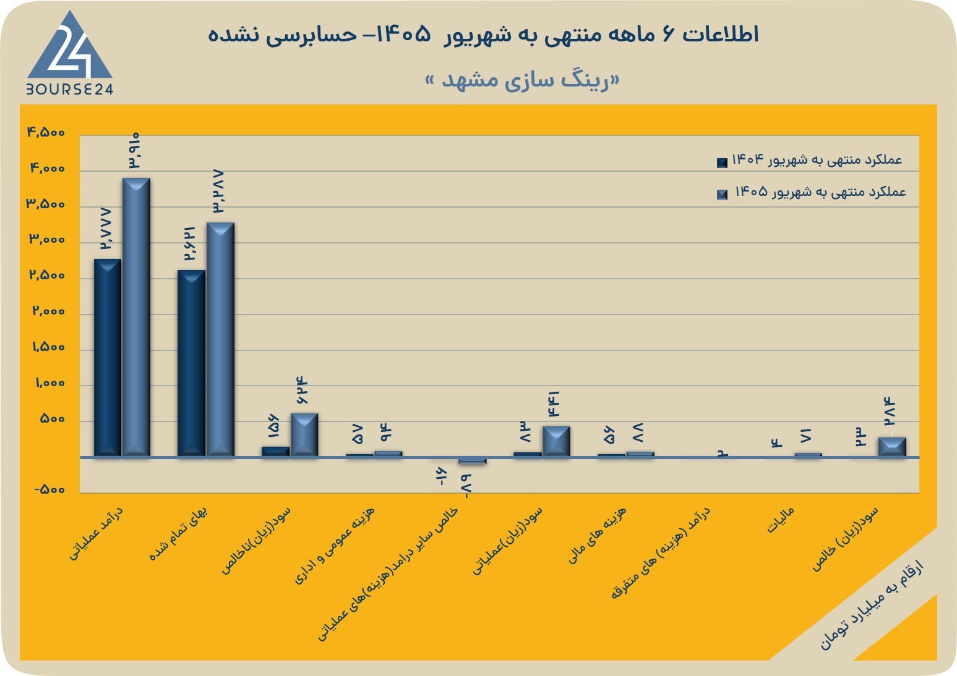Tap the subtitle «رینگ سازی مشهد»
(x=522, y=80)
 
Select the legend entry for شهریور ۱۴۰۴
(x=810, y=161)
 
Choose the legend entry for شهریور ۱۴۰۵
(x=812, y=192)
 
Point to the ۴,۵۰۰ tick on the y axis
(x=46, y=132)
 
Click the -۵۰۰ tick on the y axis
(x=49, y=489)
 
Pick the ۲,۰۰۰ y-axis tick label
(x=48, y=311)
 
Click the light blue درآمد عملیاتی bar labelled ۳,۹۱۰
(x=136, y=317)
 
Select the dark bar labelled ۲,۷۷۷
(x=108, y=358)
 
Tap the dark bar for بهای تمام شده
(x=191, y=363)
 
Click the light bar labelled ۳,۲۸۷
(x=220, y=339)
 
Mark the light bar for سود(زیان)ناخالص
(x=304, y=435)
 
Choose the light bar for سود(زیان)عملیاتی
(x=556, y=441)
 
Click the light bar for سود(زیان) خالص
(x=892, y=447)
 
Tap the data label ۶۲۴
(x=302, y=390)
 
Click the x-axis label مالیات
(x=781, y=520)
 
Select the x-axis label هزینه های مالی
(x=597, y=534)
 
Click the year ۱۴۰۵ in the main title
(x=404, y=35)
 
